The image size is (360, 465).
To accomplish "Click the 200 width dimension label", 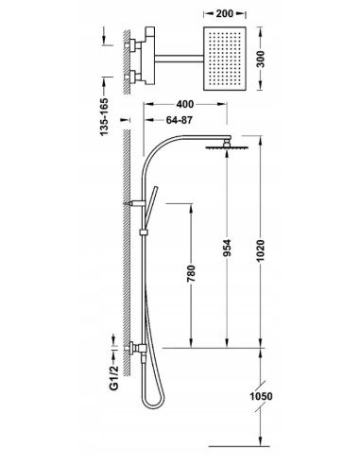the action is (x=225, y=13).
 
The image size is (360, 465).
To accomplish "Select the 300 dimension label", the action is (x=261, y=59).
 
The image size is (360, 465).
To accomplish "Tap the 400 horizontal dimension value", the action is (x=185, y=104).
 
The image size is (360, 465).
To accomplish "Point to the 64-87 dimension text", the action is (x=179, y=120).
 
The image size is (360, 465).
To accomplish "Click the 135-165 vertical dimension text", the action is (x=104, y=117).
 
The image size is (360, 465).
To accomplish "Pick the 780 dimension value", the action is (x=191, y=273).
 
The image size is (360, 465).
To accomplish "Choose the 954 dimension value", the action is (x=227, y=249).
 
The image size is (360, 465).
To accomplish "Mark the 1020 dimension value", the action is (x=261, y=251).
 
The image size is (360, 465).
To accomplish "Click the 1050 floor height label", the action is (x=261, y=396).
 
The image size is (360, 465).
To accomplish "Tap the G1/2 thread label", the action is (x=114, y=378).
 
